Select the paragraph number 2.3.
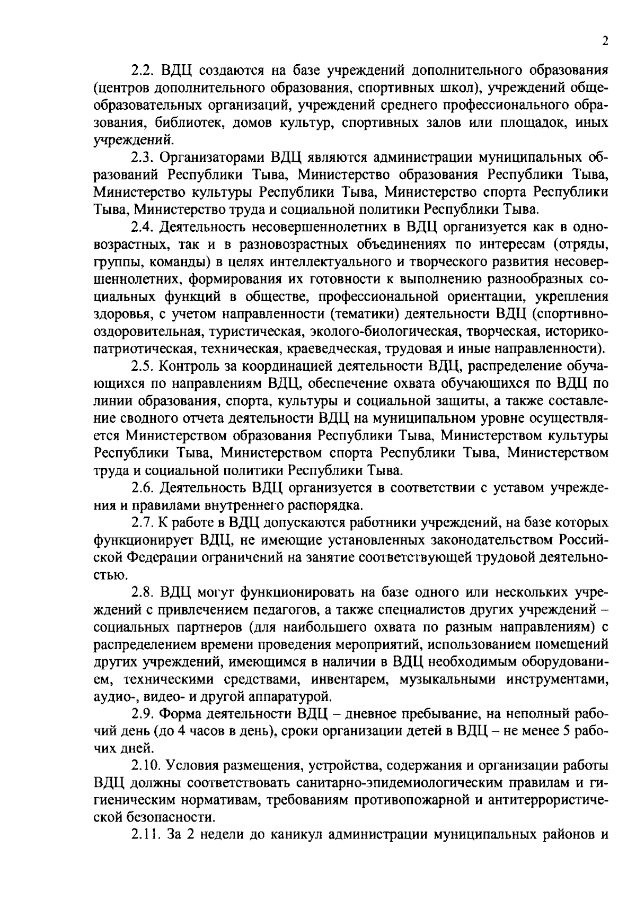(142, 158)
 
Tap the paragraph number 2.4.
(142, 228)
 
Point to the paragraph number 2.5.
(142, 366)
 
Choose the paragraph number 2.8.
(142, 592)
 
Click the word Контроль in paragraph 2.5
(190, 366)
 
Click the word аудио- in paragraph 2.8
(112, 696)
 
